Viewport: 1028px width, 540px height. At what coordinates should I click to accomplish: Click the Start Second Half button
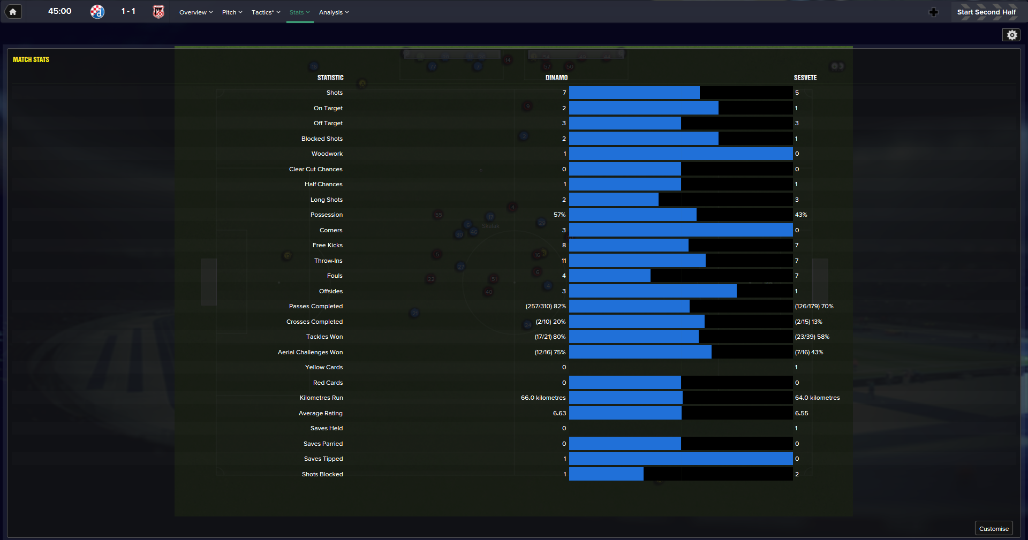click(986, 12)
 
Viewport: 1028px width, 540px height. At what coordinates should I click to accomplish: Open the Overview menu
click(195, 12)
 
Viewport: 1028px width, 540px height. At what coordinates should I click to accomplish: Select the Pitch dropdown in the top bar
click(232, 12)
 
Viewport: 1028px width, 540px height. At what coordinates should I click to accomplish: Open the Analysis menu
click(334, 12)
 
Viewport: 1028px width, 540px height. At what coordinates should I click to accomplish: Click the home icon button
click(13, 12)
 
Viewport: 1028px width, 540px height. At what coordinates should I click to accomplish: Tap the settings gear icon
click(1011, 35)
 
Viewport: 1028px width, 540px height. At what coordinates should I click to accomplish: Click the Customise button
click(993, 528)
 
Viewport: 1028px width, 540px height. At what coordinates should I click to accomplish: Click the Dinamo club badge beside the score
click(97, 12)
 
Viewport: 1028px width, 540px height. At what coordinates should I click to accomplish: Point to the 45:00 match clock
click(59, 11)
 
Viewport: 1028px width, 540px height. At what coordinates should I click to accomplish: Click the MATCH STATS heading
click(31, 59)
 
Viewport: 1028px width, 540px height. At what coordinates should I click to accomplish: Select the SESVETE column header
click(805, 78)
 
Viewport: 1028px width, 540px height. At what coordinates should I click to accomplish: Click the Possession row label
click(326, 215)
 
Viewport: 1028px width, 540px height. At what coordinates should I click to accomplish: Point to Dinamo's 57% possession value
click(559, 215)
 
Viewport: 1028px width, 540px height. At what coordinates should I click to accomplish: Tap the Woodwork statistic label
click(327, 154)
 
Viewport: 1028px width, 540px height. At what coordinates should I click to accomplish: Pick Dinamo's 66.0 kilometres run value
click(543, 398)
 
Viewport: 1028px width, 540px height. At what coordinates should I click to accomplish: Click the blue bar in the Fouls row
click(609, 276)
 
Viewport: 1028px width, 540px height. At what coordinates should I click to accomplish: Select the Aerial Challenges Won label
click(310, 352)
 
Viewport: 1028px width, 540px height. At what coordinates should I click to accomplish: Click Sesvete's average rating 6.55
click(802, 413)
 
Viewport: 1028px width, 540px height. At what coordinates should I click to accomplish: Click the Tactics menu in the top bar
click(266, 12)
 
